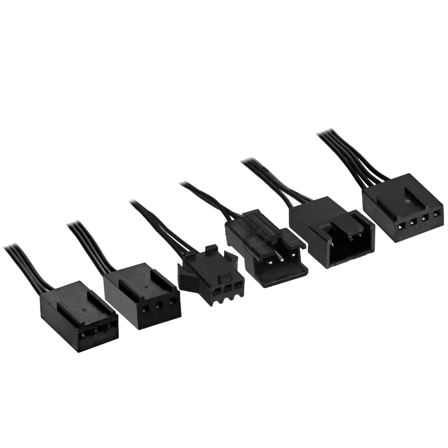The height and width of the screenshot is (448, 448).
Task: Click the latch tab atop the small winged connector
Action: [211, 248]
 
